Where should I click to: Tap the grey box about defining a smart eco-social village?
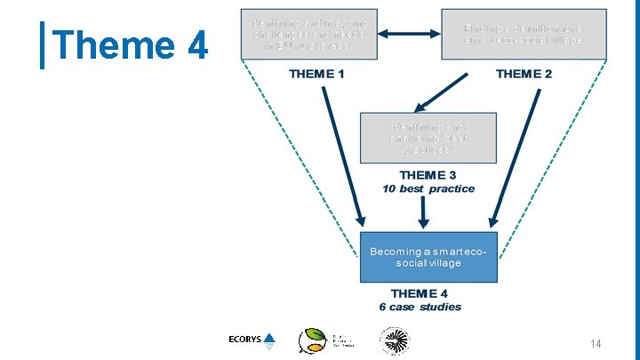coord(523,35)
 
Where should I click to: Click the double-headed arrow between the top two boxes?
coord(411,35)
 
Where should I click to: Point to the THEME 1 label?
coord(317,74)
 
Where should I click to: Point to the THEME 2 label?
coord(524,74)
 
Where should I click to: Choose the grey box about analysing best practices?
coord(428,137)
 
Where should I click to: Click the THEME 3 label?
coord(428,176)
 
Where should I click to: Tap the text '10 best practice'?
coord(428,188)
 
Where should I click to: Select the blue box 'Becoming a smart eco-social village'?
coord(428,257)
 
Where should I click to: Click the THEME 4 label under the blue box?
coord(420,294)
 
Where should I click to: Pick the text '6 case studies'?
coord(420,307)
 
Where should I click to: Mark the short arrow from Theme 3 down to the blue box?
coord(424,211)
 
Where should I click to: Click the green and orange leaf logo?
coord(313,340)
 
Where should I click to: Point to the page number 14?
coord(596,344)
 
